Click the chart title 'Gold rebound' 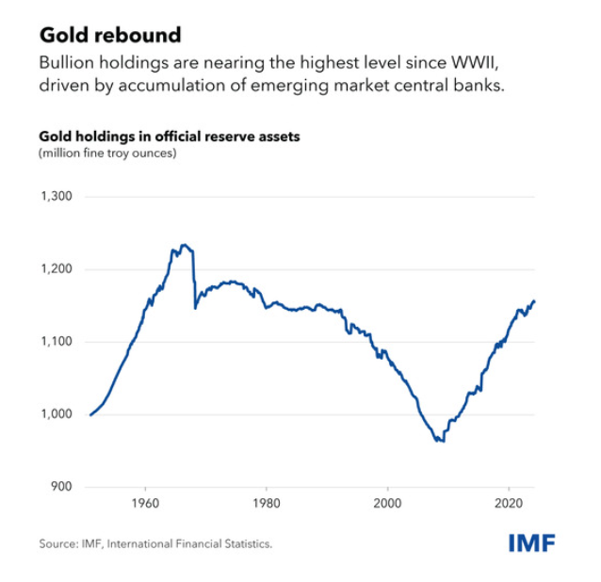(109, 35)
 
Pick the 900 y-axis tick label (61, 487)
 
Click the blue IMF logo (532, 544)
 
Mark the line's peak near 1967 (184, 245)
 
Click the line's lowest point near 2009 (438, 441)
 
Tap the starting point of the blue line (90, 414)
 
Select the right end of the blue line (534, 301)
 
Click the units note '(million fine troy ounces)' (107, 153)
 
